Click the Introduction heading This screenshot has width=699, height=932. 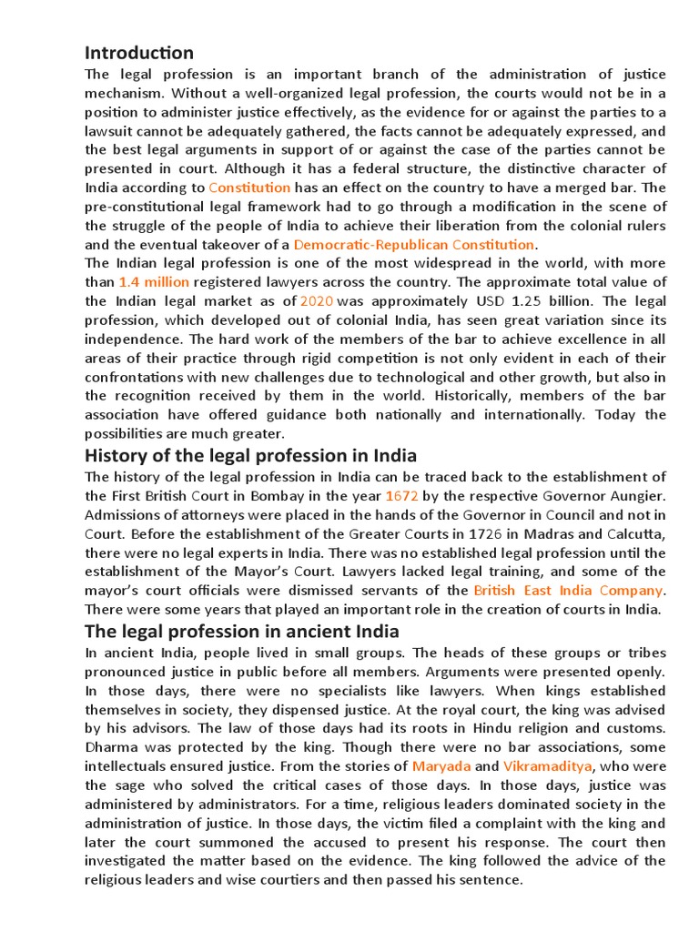coord(138,52)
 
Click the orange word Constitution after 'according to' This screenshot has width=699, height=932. coord(249,187)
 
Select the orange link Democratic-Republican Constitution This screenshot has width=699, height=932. coord(415,244)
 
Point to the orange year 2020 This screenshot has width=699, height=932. coord(318,300)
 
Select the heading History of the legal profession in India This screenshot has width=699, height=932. coord(250,455)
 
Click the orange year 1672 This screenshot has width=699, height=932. coord(401,496)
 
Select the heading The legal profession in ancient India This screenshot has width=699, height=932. coord(241,632)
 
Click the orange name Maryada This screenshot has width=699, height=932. coord(441,766)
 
